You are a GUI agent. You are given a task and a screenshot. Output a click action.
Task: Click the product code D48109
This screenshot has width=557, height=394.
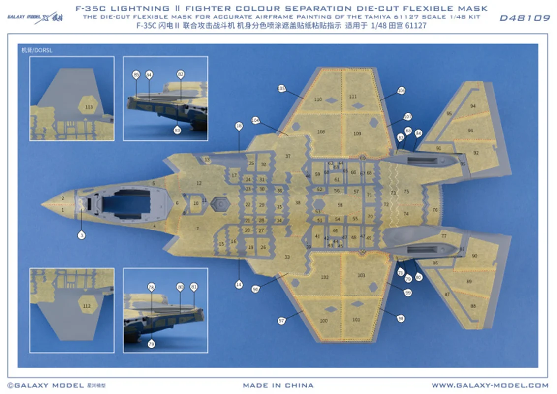coord(525,18)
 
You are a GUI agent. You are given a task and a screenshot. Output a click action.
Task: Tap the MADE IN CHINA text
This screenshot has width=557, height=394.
coord(278,385)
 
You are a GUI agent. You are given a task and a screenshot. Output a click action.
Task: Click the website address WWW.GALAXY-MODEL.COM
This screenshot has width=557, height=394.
coord(490,385)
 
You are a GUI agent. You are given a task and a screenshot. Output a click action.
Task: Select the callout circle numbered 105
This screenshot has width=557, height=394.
coord(281,89)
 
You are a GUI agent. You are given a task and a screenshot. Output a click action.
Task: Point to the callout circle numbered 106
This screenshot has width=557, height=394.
coord(401,91)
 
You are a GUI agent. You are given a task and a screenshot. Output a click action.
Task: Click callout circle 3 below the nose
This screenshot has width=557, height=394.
coord(81,236)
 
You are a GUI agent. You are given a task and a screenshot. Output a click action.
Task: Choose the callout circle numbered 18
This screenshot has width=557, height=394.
coord(239,126)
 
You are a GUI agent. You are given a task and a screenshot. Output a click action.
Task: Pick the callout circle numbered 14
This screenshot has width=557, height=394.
coord(239,284)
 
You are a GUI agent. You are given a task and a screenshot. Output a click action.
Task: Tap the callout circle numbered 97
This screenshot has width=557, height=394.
coord(281,321)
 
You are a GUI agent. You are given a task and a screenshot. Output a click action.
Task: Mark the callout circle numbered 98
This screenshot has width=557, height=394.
coord(401,319)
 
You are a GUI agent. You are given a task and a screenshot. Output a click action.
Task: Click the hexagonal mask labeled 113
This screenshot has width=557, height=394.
coord(89,106)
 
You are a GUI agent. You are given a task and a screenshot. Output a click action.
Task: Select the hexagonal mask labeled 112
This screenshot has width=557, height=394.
coord(87,306)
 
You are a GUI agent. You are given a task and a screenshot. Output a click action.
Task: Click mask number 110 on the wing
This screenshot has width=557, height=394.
coord(318,99)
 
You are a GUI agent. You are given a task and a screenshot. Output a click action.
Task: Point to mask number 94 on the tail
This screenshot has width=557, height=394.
coord(473,106)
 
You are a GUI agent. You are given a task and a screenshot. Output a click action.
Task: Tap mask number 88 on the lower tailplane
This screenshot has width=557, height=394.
coord(473,306)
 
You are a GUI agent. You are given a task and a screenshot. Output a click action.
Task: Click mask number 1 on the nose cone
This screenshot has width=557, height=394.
coord(62,210)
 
